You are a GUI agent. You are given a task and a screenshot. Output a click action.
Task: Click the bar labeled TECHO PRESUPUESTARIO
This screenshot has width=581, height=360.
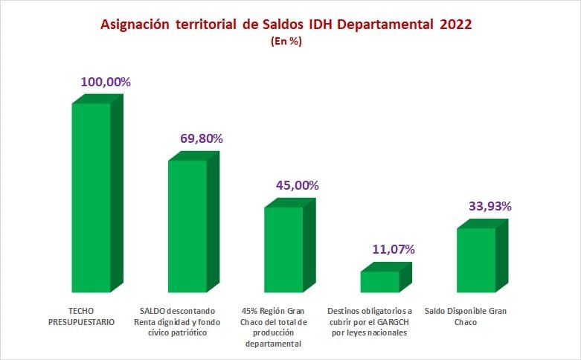92,197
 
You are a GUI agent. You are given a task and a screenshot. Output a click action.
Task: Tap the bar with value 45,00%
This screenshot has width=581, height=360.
284,248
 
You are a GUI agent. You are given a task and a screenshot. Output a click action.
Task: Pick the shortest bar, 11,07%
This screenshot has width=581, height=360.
379,281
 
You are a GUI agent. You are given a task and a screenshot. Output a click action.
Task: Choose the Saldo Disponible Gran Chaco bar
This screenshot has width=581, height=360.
476,260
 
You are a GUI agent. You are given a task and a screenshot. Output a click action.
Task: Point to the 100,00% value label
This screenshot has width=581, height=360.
106,83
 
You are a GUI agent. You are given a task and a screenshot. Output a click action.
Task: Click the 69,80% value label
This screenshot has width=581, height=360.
202,138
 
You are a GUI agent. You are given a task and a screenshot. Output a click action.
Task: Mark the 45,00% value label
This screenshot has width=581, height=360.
297,185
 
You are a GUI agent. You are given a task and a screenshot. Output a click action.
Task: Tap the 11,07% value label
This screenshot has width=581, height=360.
393,249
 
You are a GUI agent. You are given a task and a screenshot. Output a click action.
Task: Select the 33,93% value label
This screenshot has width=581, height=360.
490,206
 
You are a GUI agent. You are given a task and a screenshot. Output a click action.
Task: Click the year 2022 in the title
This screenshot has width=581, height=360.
455,25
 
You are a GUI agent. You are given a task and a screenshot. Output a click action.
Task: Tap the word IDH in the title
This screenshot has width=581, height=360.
322,25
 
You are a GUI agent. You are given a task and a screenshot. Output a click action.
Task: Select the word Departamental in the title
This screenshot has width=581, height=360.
388,25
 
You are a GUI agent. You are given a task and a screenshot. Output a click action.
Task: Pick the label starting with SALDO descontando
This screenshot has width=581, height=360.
176,321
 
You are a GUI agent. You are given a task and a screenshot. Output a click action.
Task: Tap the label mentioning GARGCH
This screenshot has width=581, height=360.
369,321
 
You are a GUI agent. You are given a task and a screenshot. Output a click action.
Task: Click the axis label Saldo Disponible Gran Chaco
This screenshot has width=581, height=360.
465,316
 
